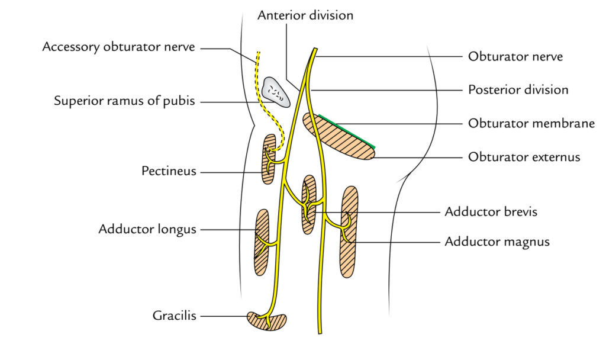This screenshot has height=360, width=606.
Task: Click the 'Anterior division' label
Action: (x=305, y=15)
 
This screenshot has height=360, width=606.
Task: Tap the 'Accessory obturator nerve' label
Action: (x=118, y=47)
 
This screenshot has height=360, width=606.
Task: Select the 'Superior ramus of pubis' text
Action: (x=124, y=101)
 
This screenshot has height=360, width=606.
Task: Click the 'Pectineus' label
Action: (x=169, y=172)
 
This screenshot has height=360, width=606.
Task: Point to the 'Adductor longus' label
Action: (x=147, y=229)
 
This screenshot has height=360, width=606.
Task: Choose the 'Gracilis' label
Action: (x=173, y=316)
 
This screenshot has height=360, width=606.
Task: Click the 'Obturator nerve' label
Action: (x=515, y=57)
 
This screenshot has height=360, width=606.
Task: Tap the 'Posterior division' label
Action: (x=518, y=90)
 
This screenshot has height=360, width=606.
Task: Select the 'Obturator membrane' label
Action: (x=531, y=124)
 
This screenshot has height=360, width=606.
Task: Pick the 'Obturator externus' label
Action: (x=524, y=157)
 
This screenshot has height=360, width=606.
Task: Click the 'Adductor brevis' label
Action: (x=491, y=211)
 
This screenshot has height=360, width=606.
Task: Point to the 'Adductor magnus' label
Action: (x=497, y=242)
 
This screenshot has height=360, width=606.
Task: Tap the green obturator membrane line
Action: (x=346, y=131)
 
